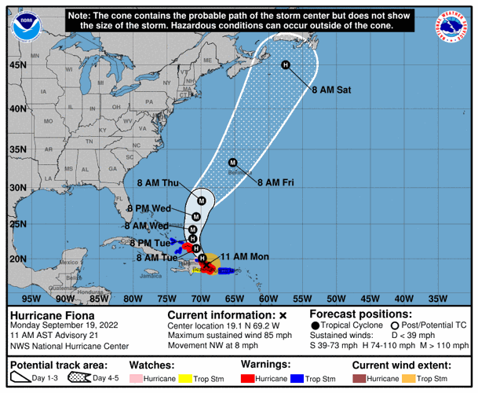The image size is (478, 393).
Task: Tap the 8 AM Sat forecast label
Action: point(330,90)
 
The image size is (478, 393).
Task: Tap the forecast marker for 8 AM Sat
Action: point(286,65)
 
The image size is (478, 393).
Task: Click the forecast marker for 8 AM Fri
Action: point(232,163)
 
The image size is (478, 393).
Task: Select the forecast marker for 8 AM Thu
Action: point(202,200)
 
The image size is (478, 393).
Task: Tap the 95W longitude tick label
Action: point(31,298)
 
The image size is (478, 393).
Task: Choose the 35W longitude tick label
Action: point(436,298)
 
